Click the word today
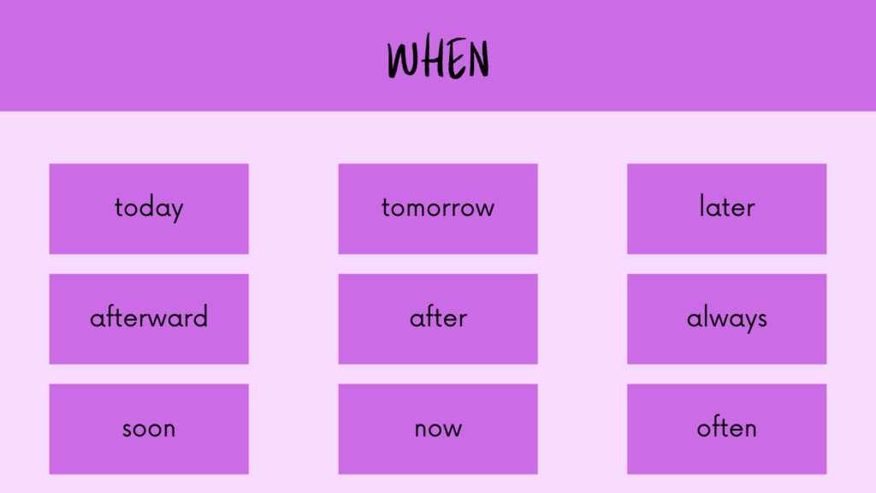149,209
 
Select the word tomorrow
438,208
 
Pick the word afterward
149,317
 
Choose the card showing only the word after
438,318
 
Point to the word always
727,319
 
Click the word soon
149,430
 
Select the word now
438,430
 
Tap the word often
727,428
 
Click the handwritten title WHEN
438,56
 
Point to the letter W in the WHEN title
402,59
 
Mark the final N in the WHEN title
479,59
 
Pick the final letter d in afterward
200,317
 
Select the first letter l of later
701,205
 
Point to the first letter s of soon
128,430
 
